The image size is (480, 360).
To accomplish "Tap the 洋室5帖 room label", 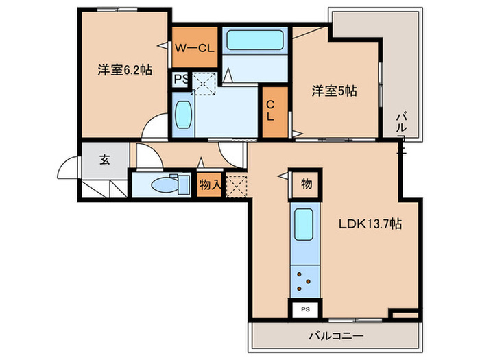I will click(x=335, y=90).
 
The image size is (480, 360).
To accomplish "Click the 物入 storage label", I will click(x=209, y=184).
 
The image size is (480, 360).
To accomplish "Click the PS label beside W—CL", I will click(x=180, y=80).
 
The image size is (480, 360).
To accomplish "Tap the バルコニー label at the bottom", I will click(x=334, y=336).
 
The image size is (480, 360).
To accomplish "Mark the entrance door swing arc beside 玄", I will click(x=69, y=170).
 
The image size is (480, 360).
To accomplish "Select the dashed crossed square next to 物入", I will click(x=237, y=185).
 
